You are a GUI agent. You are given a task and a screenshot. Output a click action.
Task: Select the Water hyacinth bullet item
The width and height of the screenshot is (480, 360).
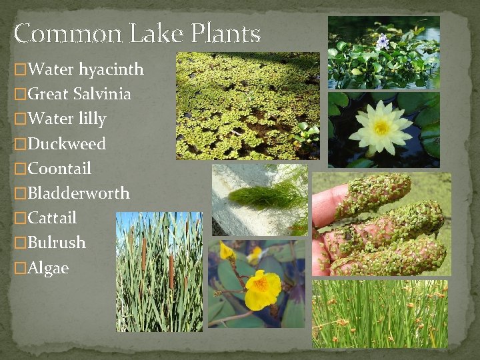[x=86, y=69]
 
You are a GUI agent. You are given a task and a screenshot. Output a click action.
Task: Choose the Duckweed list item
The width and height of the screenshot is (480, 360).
[x=67, y=143]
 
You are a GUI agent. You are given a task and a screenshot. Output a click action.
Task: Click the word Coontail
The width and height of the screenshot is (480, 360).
[x=60, y=168]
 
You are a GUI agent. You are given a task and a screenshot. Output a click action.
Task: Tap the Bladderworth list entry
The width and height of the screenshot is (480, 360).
[x=79, y=193]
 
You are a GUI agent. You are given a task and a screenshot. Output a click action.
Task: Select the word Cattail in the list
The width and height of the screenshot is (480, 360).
[x=53, y=218]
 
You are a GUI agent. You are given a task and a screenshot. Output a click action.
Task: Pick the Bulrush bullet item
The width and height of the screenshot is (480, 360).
[x=57, y=243]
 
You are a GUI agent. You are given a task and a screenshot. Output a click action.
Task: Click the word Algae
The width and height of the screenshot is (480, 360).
[x=48, y=268]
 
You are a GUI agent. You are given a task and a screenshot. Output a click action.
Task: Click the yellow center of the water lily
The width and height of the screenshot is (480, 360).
[x=382, y=127]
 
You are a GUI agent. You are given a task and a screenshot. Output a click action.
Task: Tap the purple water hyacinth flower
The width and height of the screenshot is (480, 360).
[x=382, y=41]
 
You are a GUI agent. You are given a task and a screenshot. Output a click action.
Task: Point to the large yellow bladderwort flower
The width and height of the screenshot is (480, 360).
[x=263, y=288]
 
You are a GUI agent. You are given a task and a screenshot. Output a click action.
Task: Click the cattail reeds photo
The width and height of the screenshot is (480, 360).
[x=159, y=271]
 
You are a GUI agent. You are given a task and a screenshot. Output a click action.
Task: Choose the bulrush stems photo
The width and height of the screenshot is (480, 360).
[x=380, y=313]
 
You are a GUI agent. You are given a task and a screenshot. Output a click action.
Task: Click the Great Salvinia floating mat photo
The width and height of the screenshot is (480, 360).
[x=247, y=105]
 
